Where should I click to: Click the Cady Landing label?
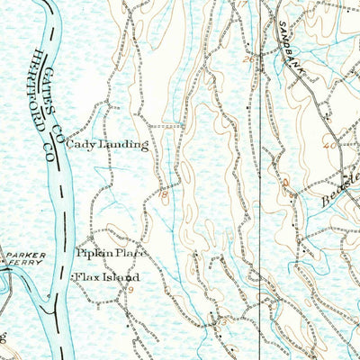pos(112,145)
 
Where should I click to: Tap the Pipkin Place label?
pos(111,255)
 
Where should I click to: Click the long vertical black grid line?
pos(262,180)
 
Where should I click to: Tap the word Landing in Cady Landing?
pos(127,145)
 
